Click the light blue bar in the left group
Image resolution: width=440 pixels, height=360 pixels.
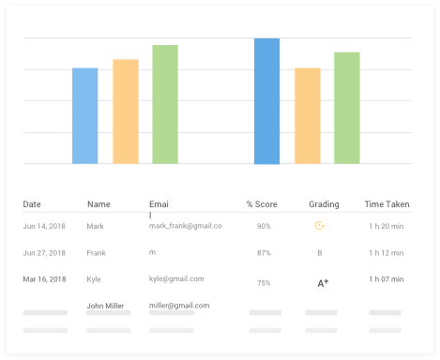(84, 115)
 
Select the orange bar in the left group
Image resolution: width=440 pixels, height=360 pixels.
(126, 112)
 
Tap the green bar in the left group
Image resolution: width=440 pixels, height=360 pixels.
(165, 104)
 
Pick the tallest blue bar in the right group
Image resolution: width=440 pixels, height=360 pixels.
(266, 101)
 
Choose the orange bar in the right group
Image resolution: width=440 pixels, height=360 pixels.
(308, 115)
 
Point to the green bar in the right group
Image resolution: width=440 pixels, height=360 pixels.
(347, 108)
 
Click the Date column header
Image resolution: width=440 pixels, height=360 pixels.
(32, 204)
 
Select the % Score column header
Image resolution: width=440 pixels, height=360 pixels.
(262, 204)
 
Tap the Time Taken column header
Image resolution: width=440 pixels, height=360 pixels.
(387, 204)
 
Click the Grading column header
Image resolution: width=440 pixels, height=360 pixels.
(324, 204)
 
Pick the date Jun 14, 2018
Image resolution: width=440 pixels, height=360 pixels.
(44, 226)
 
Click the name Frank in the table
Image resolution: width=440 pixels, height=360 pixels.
(97, 252)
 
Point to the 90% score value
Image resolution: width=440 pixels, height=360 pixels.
(264, 226)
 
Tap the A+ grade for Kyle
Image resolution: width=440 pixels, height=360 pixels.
(322, 282)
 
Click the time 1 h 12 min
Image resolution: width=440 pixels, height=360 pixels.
(385, 252)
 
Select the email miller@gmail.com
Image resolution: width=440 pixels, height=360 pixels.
(179, 306)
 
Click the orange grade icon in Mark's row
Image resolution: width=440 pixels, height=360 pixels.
(320, 226)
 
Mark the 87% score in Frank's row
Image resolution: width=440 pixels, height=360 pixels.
(264, 252)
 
